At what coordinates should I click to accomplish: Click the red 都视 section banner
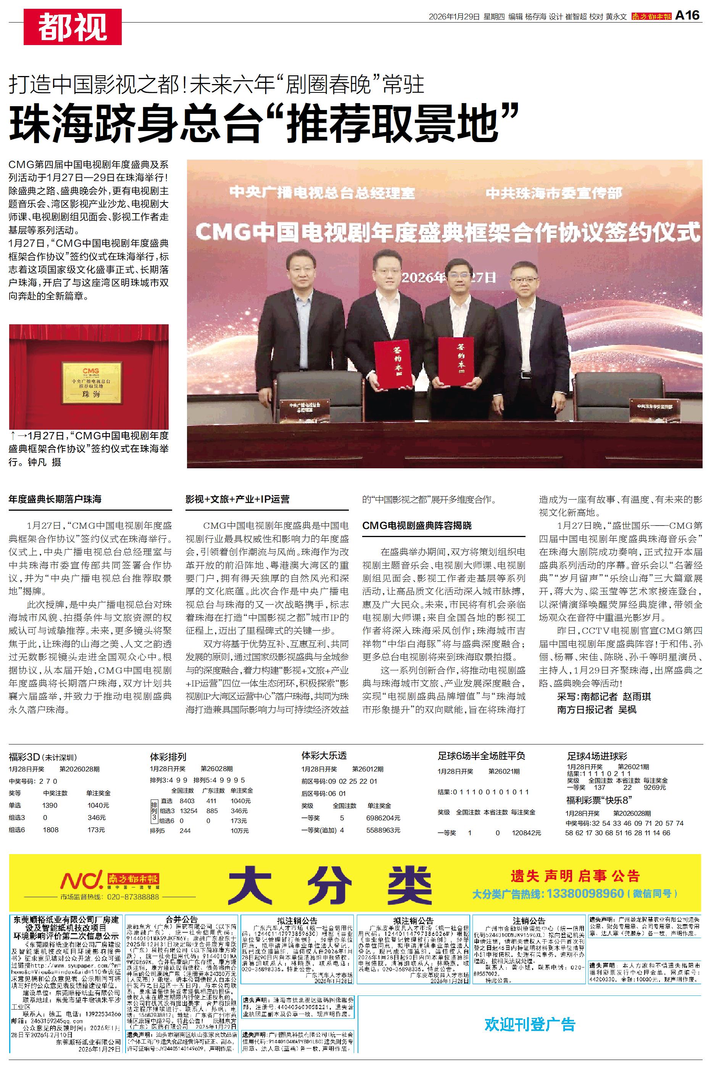73,27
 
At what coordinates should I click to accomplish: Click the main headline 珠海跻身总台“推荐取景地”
263,123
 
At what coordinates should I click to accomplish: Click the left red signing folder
393,364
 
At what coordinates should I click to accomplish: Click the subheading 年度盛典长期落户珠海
55,500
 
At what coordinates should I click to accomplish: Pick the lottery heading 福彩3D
24,757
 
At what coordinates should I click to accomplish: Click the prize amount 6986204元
383,818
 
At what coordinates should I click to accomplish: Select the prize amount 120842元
526,833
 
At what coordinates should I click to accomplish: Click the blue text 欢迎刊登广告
530,1024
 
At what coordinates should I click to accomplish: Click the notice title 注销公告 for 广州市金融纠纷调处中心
529,921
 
